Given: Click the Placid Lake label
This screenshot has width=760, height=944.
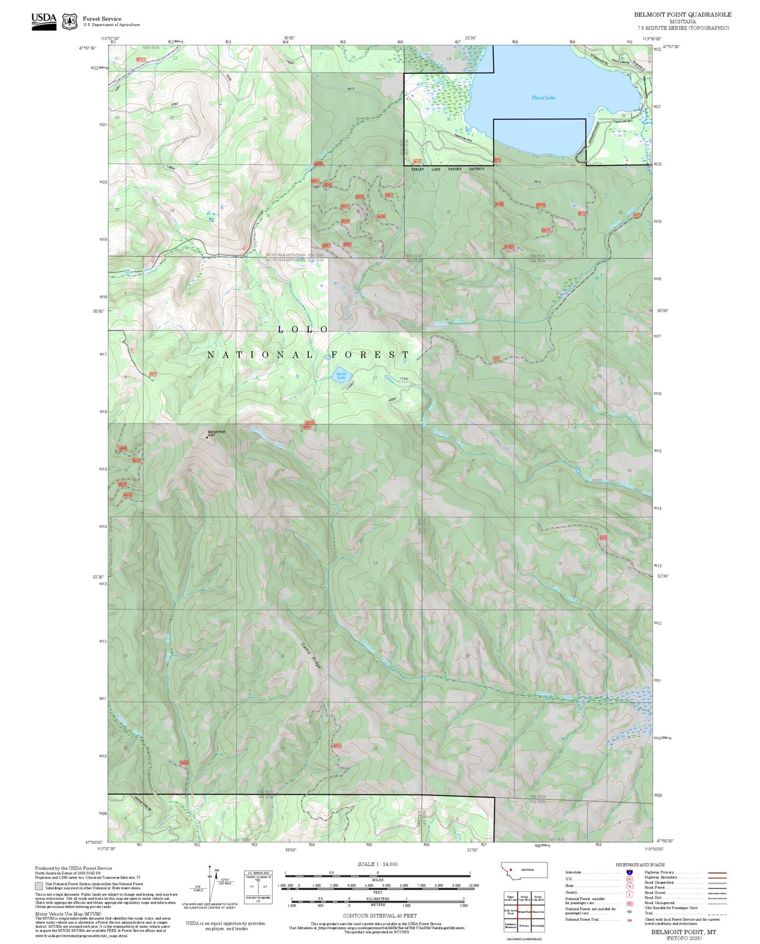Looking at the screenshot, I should (x=543, y=98).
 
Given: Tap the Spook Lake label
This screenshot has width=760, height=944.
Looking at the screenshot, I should (x=341, y=376).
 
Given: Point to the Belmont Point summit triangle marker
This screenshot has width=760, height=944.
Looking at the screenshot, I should (x=207, y=436).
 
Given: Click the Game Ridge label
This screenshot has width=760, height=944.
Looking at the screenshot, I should (x=310, y=655).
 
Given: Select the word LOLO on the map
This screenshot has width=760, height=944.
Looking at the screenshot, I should (x=303, y=329).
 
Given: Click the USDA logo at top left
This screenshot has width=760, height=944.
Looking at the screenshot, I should (x=44, y=21).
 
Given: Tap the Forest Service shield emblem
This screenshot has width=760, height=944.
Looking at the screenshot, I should (x=69, y=22).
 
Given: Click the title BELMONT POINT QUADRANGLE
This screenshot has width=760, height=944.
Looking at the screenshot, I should (x=682, y=14).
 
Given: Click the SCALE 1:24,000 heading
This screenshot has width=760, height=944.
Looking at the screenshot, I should (x=377, y=865).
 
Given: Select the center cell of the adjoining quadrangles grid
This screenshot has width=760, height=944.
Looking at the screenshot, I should (x=524, y=910).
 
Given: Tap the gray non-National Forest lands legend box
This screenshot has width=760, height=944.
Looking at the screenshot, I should (x=39, y=886).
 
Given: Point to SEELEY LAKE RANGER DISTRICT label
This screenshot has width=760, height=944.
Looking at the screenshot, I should (x=447, y=169).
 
